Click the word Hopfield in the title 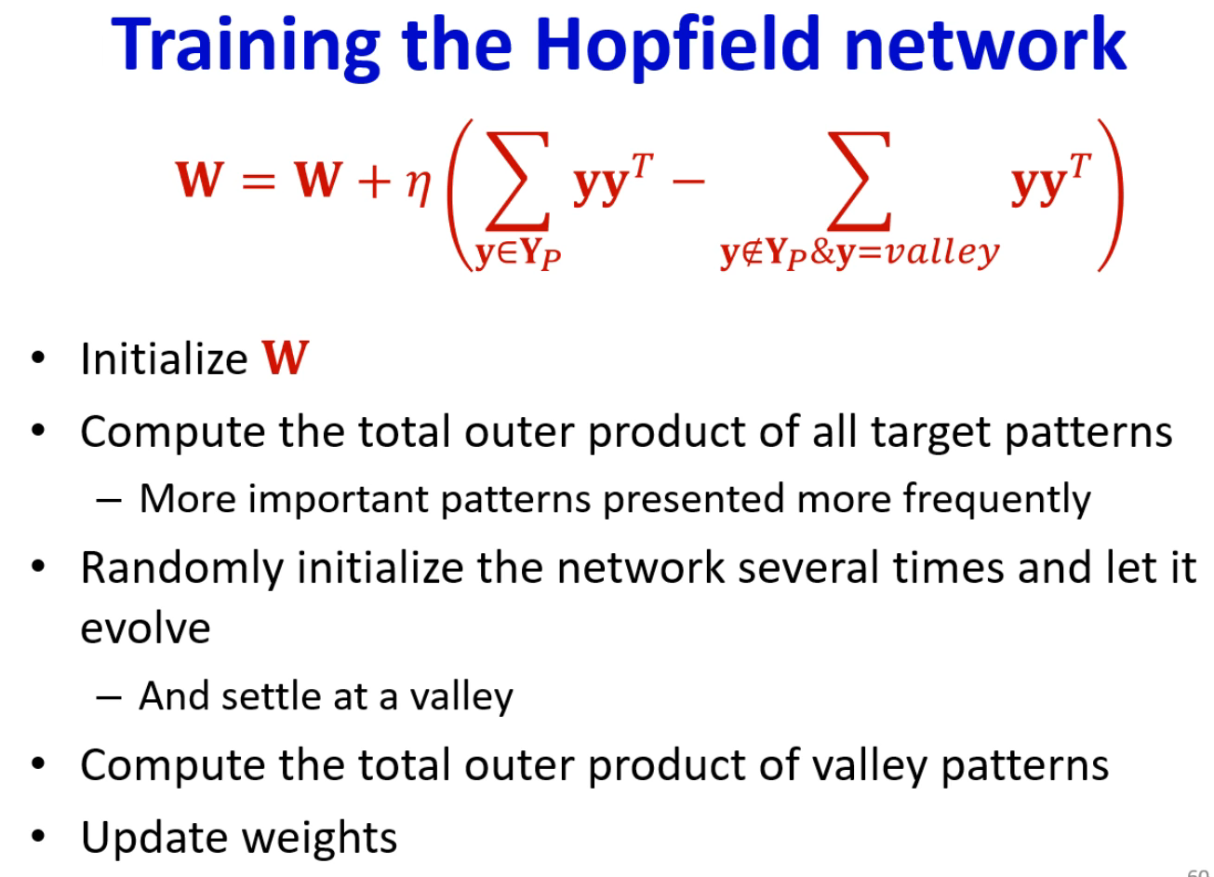pyautogui.click(x=677, y=47)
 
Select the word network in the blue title pyautogui.click(x=986, y=45)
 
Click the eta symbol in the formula pyautogui.click(x=419, y=186)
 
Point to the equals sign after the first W pyautogui.click(x=259, y=180)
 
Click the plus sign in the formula pyautogui.click(x=374, y=180)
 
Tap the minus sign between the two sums pyautogui.click(x=688, y=181)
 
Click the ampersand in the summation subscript pyautogui.click(x=822, y=252)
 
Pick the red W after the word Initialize pyautogui.click(x=285, y=358)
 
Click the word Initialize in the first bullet pyautogui.click(x=164, y=358)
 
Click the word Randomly pyautogui.click(x=182, y=569)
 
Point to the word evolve pyautogui.click(x=145, y=629)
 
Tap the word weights pyautogui.click(x=319, y=838)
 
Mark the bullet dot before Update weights pyautogui.click(x=37, y=836)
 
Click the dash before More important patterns pyautogui.click(x=109, y=500)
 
